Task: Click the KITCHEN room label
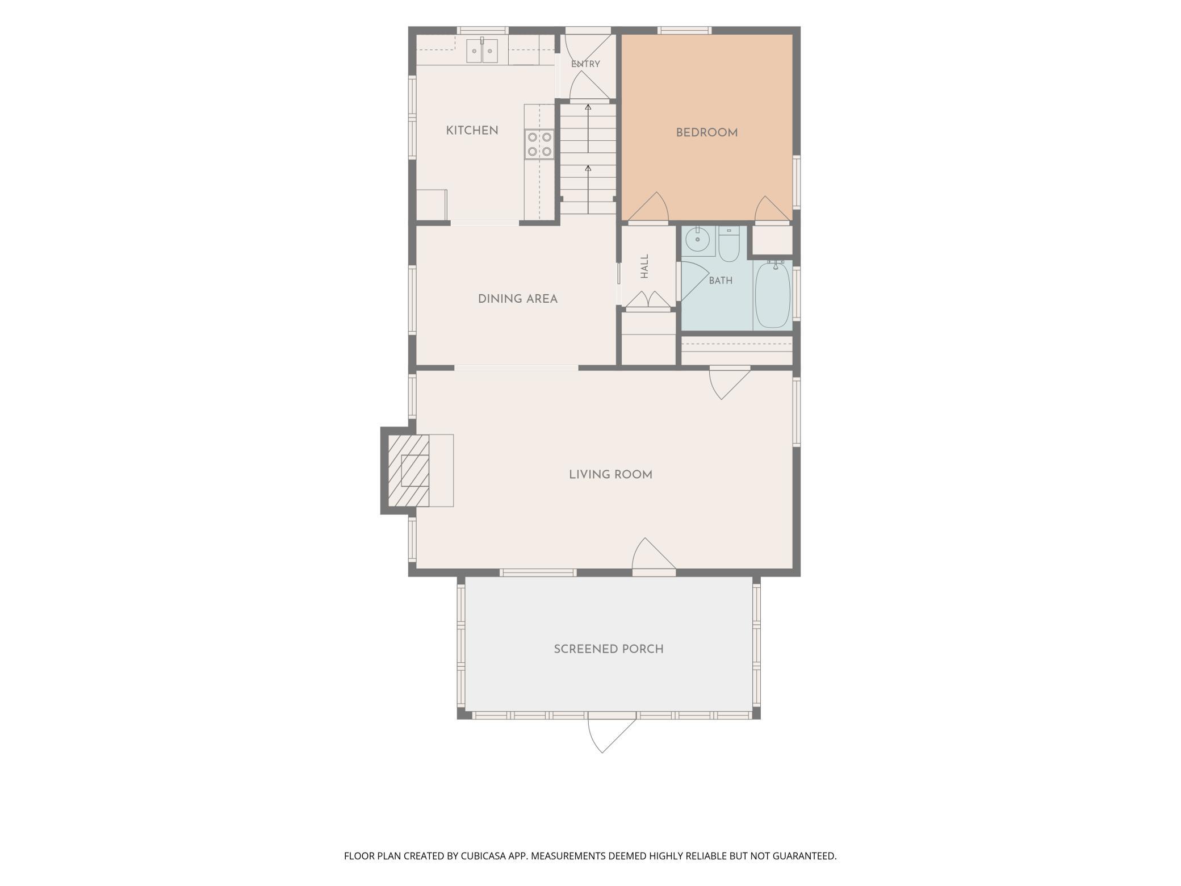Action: [472, 131]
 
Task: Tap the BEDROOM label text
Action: [707, 133]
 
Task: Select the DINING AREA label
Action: [518, 299]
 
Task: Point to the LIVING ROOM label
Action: [610, 475]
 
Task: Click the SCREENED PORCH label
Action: [609, 649]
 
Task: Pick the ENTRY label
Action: [585, 64]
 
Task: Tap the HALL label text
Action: [644, 266]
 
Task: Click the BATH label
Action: [721, 281]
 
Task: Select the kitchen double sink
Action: [482, 51]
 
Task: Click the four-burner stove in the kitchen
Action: [539, 144]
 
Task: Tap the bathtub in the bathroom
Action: [773, 295]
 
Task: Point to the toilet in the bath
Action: [728, 244]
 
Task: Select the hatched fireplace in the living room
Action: [408, 470]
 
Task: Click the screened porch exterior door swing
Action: [612, 735]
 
